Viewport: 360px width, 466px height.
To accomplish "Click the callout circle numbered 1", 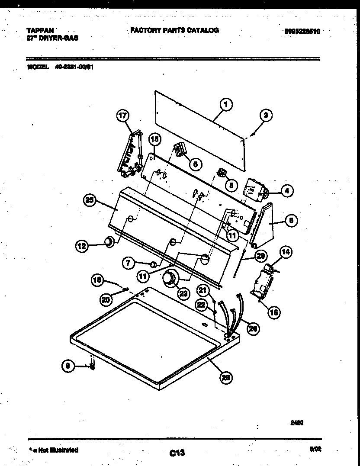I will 225,104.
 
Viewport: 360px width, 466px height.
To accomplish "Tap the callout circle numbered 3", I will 266,115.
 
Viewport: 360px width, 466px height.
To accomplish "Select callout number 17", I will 123,116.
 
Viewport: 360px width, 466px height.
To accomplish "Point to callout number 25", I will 90,200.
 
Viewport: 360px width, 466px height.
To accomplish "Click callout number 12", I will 82,246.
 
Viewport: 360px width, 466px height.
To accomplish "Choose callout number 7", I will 128,262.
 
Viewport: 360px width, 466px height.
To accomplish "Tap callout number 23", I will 183,293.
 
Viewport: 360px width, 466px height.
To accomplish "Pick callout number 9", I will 68,366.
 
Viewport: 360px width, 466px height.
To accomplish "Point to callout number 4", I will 286,190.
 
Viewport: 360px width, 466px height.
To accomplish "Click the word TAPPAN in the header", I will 40,31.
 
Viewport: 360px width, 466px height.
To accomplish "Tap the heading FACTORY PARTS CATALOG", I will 174,30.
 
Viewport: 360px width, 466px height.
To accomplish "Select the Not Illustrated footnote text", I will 54,450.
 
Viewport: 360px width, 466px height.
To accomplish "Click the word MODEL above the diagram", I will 37,67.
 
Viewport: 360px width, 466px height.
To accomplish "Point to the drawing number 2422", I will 296,424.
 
